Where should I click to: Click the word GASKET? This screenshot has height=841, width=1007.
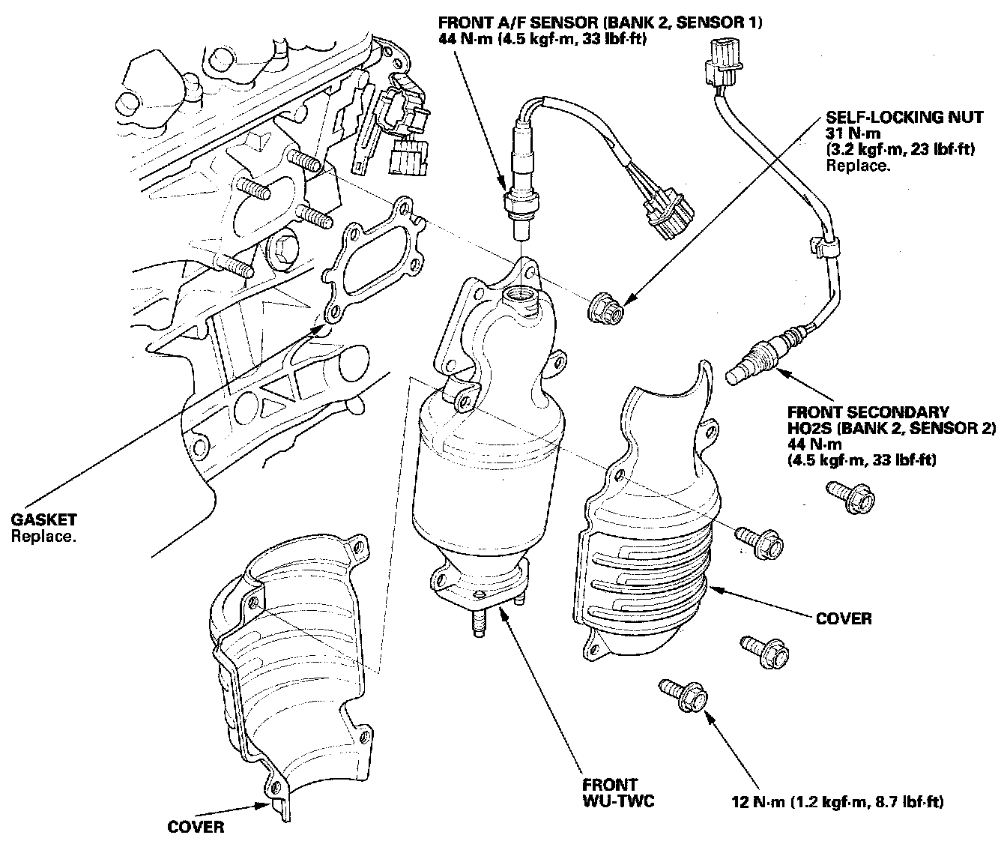[x=43, y=519]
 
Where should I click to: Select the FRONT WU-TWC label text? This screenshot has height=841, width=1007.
[x=618, y=793]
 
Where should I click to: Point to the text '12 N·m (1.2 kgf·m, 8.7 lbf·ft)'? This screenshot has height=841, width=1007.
[x=837, y=802]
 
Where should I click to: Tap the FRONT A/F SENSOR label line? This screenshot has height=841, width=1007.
[x=600, y=22]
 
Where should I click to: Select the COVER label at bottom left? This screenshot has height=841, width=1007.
[x=196, y=827]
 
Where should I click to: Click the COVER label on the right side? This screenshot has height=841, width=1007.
[x=844, y=618]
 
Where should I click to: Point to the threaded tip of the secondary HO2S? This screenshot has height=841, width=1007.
[x=739, y=370]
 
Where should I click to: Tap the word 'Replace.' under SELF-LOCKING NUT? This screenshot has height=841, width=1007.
[x=858, y=165]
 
